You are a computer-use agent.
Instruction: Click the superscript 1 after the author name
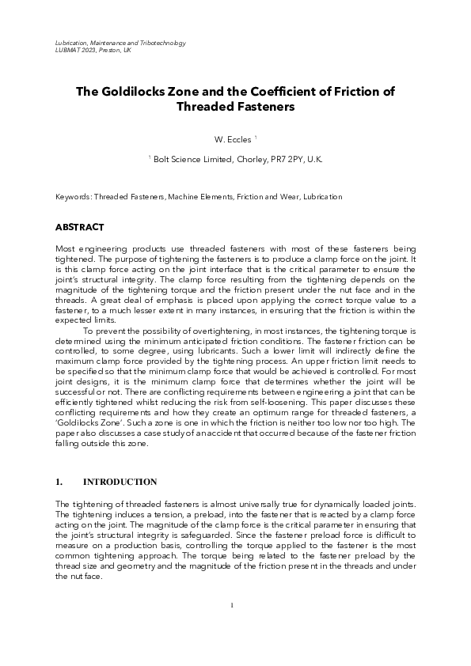coord(256,138)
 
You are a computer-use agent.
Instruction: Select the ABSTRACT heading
coord(79,227)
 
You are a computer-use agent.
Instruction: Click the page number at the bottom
coord(232,605)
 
